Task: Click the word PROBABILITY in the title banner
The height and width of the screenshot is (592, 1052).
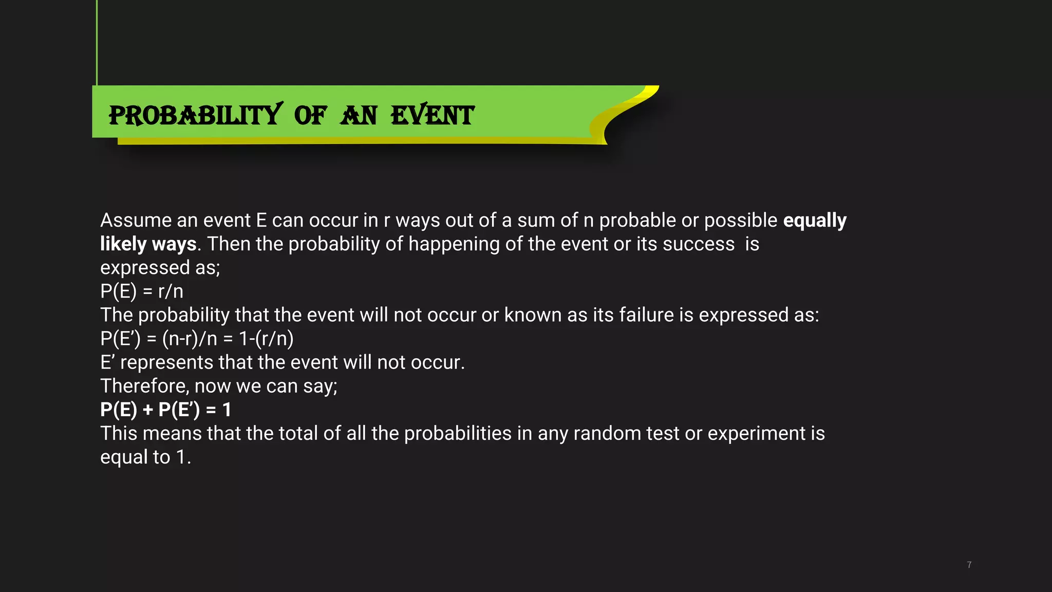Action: pos(195,115)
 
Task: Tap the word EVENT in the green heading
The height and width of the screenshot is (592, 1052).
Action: pos(432,115)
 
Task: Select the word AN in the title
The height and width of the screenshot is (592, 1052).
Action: pos(359,115)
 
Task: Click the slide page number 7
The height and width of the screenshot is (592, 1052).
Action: pos(969,565)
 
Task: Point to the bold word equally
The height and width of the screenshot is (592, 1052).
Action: pos(815,220)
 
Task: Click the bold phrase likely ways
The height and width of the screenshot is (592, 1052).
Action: pos(148,244)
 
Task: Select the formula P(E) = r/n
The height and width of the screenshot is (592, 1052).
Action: pos(142,291)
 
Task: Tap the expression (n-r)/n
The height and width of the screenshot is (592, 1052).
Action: pos(190,339)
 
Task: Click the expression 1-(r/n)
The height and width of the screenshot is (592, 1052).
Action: pos(266,339)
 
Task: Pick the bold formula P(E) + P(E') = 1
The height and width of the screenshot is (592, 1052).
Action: pos(165,410)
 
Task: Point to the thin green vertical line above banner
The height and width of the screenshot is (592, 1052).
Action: pos(97,41)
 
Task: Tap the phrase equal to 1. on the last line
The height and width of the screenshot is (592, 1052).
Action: pos(145,457)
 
